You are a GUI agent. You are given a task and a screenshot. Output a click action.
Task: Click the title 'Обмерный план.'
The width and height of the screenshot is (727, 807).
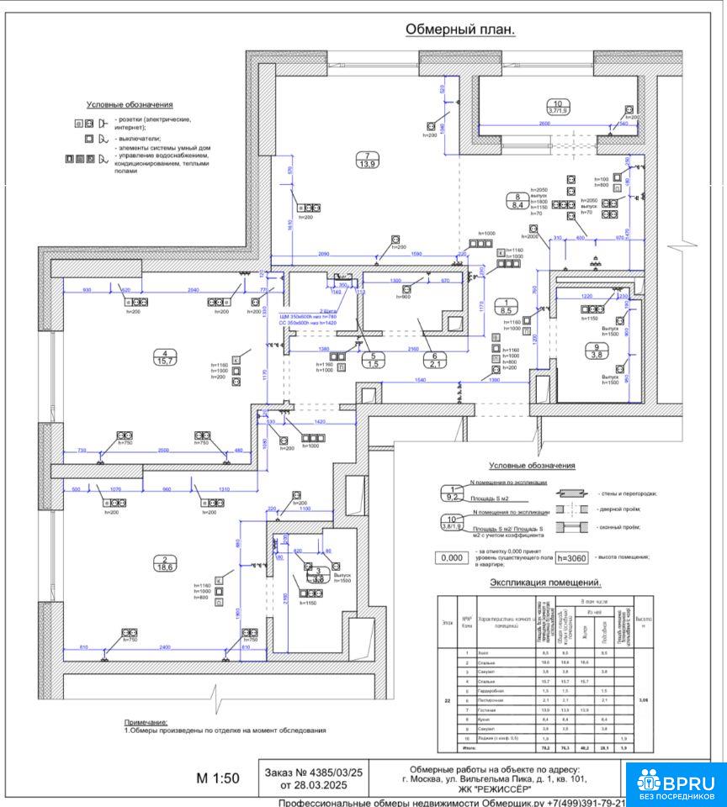tap(460, 29)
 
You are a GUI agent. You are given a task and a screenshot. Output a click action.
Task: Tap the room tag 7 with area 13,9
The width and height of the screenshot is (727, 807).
tap(368, 159)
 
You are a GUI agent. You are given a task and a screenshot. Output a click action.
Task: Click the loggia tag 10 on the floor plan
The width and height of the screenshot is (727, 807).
tap(558, 106)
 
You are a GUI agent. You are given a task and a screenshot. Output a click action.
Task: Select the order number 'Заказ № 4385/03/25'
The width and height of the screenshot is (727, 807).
tap(313, 772)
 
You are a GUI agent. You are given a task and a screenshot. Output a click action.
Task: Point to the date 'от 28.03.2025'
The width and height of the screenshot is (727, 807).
tap(313, 785)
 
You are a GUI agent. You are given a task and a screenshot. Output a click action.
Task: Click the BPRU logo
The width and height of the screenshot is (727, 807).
tap(676, 782)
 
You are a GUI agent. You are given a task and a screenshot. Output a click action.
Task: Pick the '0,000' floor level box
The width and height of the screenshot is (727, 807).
tap(453, 557)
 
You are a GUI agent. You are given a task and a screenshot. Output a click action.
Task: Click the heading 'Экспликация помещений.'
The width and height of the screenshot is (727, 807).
tap(545, 583)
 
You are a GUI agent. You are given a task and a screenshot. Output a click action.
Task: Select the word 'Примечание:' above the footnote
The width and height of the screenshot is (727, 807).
tap(146, 722)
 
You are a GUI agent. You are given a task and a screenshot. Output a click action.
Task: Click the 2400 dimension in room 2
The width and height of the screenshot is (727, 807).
tap(165, 647)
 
